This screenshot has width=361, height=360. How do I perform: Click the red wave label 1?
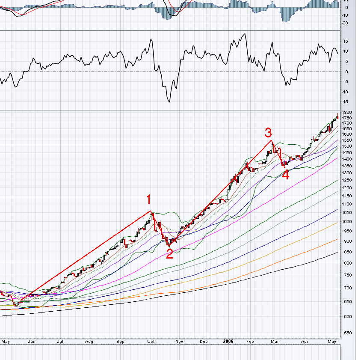tap(149, 199)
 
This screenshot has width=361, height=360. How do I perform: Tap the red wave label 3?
tap(268, 132)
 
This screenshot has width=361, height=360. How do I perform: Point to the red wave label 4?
tap(285, 175)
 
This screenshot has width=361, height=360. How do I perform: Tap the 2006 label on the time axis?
tap(228, 341)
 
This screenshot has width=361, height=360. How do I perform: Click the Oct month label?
tap(151, 341)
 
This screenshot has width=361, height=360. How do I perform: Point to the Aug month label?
tap(89, 341)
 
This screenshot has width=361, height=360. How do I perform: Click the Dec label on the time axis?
tap(204, 341)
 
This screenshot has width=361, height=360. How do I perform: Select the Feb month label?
tap(250, 341)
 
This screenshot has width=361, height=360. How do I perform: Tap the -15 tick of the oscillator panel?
tap(345, 102)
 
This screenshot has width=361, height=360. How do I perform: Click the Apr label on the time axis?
tap(305, 341)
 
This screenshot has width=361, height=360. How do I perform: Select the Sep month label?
tap(121, 341)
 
